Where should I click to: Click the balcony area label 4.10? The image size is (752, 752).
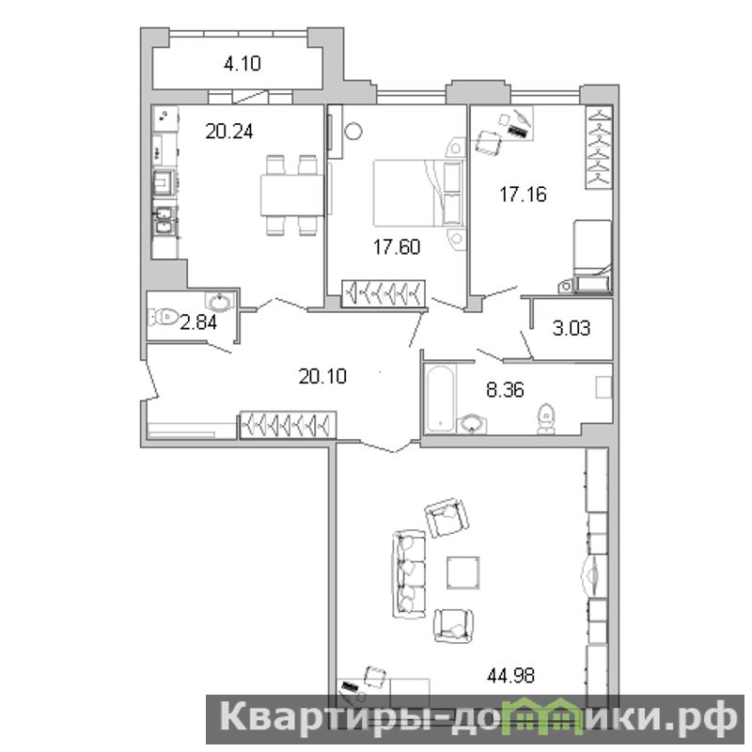coord(243,63)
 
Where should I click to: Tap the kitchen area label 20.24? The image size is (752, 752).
coord(229,131)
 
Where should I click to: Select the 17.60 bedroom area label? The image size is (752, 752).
coord(397,247)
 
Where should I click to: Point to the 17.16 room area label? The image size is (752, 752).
coord(523,195)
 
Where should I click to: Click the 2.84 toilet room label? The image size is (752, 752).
coord(198,322)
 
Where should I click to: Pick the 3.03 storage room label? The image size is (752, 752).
coord(572,328)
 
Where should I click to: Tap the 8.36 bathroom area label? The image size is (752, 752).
coord(505,390)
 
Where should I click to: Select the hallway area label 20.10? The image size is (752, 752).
coord(322,377)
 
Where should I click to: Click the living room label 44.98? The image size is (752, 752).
coord(510,676)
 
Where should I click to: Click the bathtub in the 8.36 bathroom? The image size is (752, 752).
coord(440,399)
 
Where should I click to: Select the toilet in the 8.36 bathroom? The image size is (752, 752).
coord(546,418)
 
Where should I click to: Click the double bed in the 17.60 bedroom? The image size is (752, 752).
coord(417,193)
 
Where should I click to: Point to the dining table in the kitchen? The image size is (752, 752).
coord(292,196)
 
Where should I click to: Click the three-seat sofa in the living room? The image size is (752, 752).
coord(409,574)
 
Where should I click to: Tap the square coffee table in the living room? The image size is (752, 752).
coord(463,572)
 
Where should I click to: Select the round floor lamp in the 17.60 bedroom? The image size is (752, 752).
coord(353,131)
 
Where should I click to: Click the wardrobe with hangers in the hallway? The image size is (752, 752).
coord(288,425)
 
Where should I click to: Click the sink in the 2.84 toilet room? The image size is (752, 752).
coord(220,301)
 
